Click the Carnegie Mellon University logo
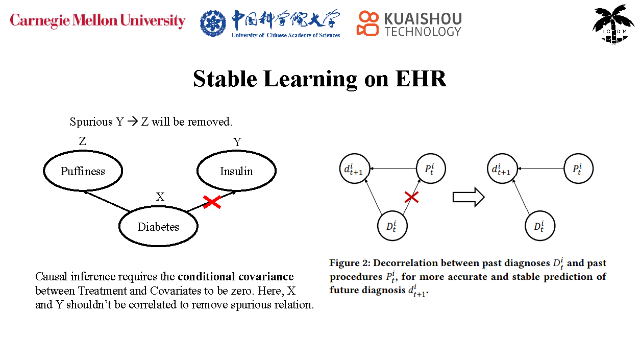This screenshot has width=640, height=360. click(97, 21)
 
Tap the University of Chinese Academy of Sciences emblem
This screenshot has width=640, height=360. click(213, 23)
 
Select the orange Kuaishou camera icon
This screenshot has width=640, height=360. click(367, 23)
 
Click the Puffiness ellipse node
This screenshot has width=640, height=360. click(83, 171)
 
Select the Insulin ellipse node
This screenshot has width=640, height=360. click(236, 171)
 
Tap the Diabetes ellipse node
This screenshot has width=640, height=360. click(158, 227)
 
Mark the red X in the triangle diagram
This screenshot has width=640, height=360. click(411, 197)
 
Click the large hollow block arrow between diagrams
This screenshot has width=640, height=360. click(468, 197)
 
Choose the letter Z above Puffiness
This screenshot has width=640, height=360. click(83, 141)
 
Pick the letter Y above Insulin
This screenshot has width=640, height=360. click(237, 142)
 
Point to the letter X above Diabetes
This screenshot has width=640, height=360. click(160, 197)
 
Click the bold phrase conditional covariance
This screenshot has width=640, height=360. click(236, 277)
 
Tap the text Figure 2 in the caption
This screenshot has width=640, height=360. click(350, 263)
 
